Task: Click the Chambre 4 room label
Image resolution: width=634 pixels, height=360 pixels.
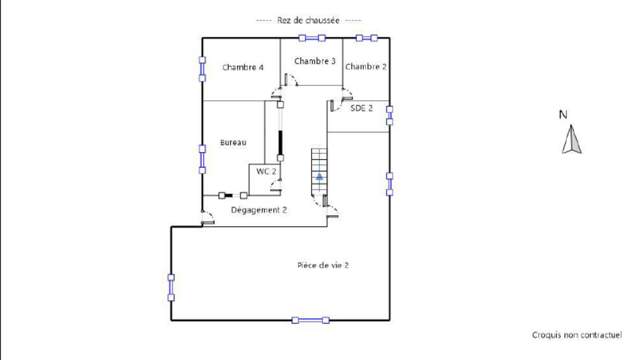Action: pyautogui.click(x=243, y=67)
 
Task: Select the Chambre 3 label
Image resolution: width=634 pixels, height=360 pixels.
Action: pyautogui.click(x=314, y=61)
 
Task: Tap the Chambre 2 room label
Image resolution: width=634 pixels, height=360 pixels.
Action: pyautogui.click(x=366, y=67)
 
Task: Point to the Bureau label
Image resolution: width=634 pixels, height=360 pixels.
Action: pyautogui.click(x=233, y=143)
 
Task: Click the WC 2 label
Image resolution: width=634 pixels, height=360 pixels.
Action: pyautogui.click(x=266, y=171)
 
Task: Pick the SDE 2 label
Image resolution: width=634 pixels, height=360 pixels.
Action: pyautogui.click(x=361, y=108)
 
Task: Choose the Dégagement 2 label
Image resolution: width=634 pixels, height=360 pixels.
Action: pyautogui.click(x=259, y=210)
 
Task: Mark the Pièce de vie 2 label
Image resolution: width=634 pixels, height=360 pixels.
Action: pyautogui.click(x=323, y=266)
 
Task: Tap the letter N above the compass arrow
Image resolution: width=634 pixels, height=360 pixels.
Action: pyautogui.click(x=562, y=115)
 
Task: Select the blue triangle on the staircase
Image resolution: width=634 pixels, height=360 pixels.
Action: pyautogui.click(x=320, y=177)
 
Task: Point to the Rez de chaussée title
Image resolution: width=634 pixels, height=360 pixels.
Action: pyautogui.click(x=308, y=20)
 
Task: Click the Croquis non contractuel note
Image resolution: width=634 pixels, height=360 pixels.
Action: pyautogui.click(x=576, y=335)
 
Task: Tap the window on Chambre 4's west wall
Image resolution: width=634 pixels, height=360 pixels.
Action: pyautogui.click(x=202, y=69)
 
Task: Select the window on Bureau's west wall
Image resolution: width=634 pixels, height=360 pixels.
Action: pyautogui.click(x=202, y=159)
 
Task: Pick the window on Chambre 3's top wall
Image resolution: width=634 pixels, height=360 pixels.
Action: pyautogui.click(x=312, y=38)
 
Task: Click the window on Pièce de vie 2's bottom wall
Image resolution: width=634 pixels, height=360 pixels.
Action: pyautogui.click(x=311, y=320)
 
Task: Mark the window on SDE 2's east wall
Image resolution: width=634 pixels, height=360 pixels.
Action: pyautogui.click(x=390, y=115)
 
